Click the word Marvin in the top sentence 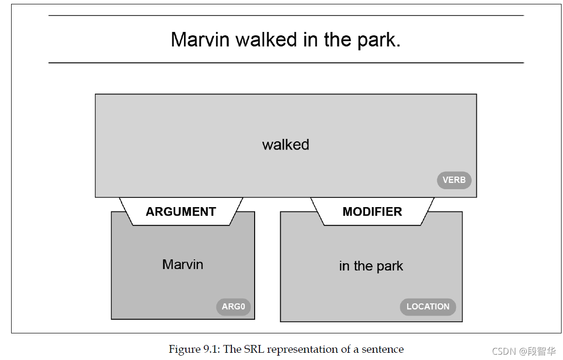click(200, 40)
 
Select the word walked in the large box click(286, 145)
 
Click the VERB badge click(454, 180)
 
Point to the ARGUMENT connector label click(181, 212)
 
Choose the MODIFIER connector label click(372, 212)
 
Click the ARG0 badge click(233, 307)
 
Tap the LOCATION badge click(428, 307)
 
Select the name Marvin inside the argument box click(183, 265)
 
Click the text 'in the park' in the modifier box click(371, 266)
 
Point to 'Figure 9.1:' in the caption click(193, 349)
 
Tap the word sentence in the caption click(383, 349)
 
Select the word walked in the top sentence click(266, 40)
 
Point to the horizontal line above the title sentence click(286, 15)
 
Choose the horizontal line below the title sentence click(286, 63)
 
